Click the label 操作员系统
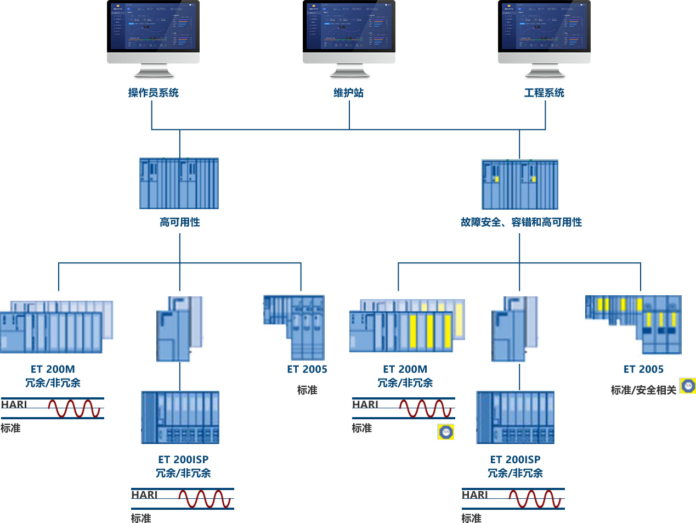click(x=153, y=93)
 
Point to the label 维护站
click(x=349, y=93)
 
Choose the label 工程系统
click(x=544, y=93)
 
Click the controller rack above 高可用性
click(x=179, y=183)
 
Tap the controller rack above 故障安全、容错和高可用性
click(x=519, y=184)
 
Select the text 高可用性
click(x=180, y=222)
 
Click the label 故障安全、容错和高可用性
click(x=521, y=222)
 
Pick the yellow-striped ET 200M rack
click(x=406, y=326)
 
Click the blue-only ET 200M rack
click(x=56, y=327)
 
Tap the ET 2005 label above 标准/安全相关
click(x=643, y=369)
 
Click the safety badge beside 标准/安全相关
click(x=688, y=386)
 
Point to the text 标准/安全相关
click(x=643, y=390)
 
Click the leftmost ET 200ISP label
click(x=183, y=460)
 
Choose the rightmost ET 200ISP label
click(x=515, y=460)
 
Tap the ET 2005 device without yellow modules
click(x=295, y=327)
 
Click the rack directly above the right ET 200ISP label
click(x=515, y=418)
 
